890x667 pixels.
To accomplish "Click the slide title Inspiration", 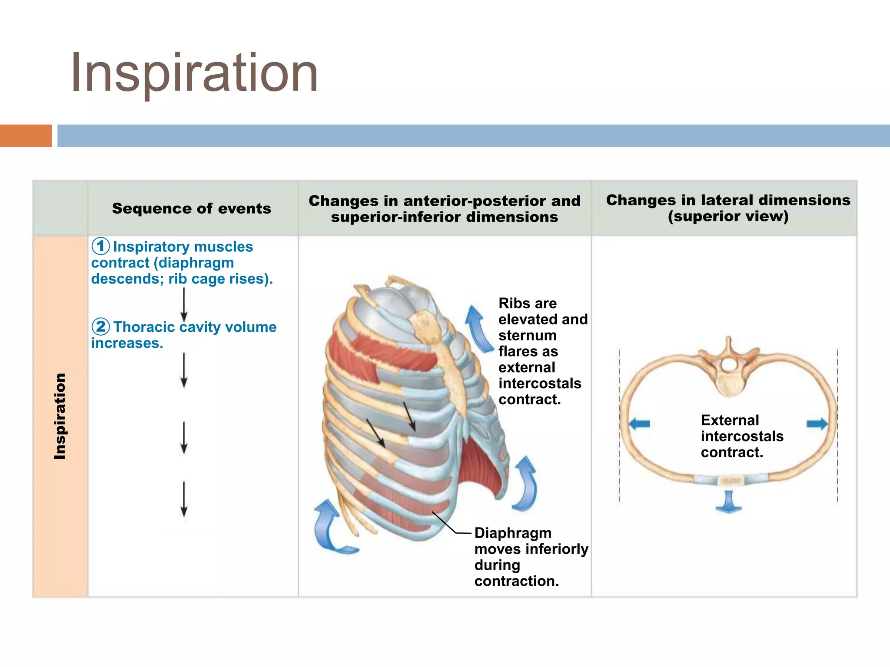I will pyautogui.click(x=194, y=73).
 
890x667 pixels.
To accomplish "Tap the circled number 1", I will pyautogui.click(x=100, y=246).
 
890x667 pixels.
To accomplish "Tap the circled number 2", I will pyautogui.click(x=100, y=326).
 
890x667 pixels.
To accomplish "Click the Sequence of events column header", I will pyautogui.click(x=192, y=208).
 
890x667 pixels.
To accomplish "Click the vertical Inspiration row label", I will pyautogui.click(x=60, y=416).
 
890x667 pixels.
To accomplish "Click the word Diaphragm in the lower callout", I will pyautogui.click(x=513, y=533).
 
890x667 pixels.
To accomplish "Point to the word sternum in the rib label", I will pyautogui.click(x=527, y=335).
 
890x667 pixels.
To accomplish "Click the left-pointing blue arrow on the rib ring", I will pyautogui.click(x=639, y=423).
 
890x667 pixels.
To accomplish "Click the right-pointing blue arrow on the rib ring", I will pyautogui.click(x=817, y=423).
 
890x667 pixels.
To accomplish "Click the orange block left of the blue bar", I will pyautogui.click(x=26, y=135).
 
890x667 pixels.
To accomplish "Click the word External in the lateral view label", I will pyautogui.click(x=730, y=420).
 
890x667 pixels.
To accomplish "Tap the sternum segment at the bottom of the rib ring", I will pyautogui.click(x=728, y=481).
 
